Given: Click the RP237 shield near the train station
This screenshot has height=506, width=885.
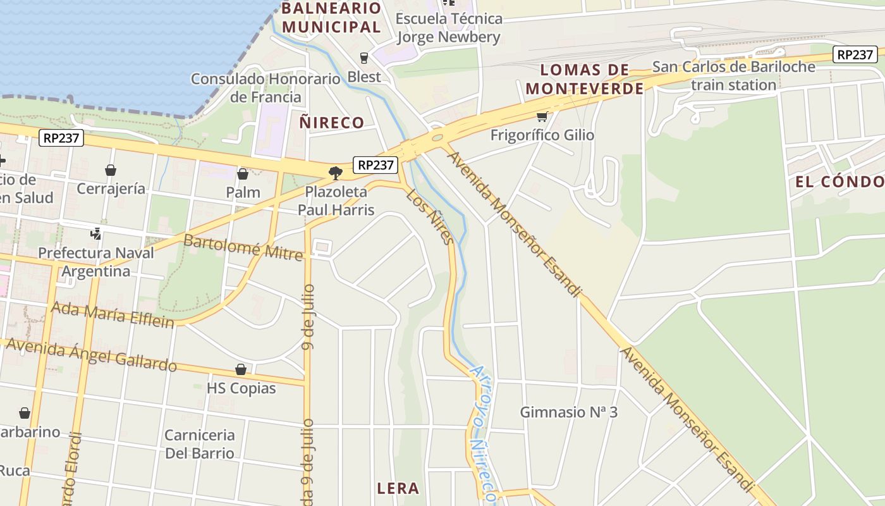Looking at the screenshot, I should (x=855, y=54).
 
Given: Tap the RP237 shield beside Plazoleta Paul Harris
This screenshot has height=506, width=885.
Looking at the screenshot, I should (x=375, y=165).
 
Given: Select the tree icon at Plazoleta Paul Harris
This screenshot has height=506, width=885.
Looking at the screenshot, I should (x=336, y=172).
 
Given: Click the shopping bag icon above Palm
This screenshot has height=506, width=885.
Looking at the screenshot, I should (x=243, y=173).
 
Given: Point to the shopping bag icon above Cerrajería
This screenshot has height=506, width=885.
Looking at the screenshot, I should (x=111, y=170).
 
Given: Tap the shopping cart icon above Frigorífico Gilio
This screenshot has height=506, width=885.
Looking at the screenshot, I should (x=542, y=116).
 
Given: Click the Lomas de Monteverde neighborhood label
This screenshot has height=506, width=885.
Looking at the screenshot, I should (x=585, y=79).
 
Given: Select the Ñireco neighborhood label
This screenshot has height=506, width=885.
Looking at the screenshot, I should (x=332, y=123).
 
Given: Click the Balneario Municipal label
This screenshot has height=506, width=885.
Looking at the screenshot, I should (x=332, y=18).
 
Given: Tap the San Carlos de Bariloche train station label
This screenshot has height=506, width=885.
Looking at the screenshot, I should (x=733, y=75).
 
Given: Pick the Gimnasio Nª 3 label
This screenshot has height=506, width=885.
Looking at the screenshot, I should (x=568, y=412).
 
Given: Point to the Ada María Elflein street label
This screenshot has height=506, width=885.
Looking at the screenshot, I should (x=113, y=315).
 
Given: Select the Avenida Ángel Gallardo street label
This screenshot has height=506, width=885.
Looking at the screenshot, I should (x=92, y=354).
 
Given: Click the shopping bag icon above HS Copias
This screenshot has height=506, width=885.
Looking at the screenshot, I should (x=240, y=369).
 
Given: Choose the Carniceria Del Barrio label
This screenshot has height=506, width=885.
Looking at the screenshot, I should (x=200, y=444).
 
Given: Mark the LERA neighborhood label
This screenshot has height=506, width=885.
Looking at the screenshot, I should (x=398, y=488).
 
